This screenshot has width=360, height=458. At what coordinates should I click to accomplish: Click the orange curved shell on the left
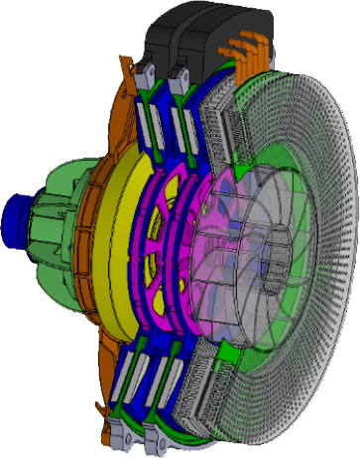tap(94, 248)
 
